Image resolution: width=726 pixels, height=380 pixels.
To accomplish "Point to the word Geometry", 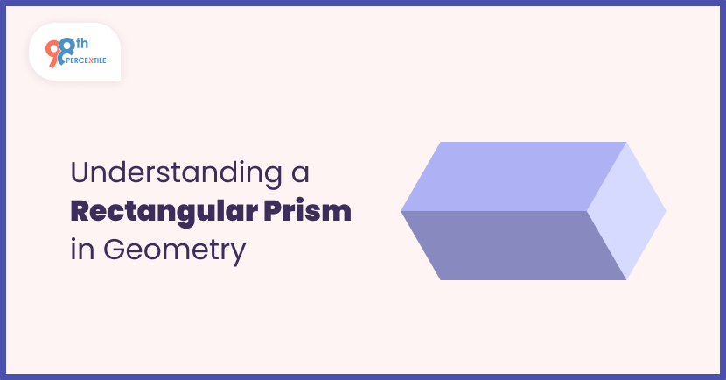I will pyautogui.click(x=174, y=250).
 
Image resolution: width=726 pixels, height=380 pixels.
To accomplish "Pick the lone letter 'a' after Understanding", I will pyautogui.click(x=301, y=172).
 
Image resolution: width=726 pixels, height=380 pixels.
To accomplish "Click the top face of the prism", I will pyautogui.click(x=512, y=176).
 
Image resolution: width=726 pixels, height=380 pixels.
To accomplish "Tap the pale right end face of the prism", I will pyautogui.click(x=626, y=210).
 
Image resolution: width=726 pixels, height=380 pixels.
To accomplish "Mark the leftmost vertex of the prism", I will pyautogui.click(x=401, y=211).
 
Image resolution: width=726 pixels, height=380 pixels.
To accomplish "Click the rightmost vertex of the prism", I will pyautogui.click(x=667, y=211).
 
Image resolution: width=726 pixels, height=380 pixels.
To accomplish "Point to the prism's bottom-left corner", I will pyautogui.click(x=440, y=280).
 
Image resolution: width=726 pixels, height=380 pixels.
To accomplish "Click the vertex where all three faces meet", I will pyautogui.click(x=587, y=211).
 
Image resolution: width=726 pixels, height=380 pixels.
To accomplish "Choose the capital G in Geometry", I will pyautogui.click(x=115, y=250).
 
